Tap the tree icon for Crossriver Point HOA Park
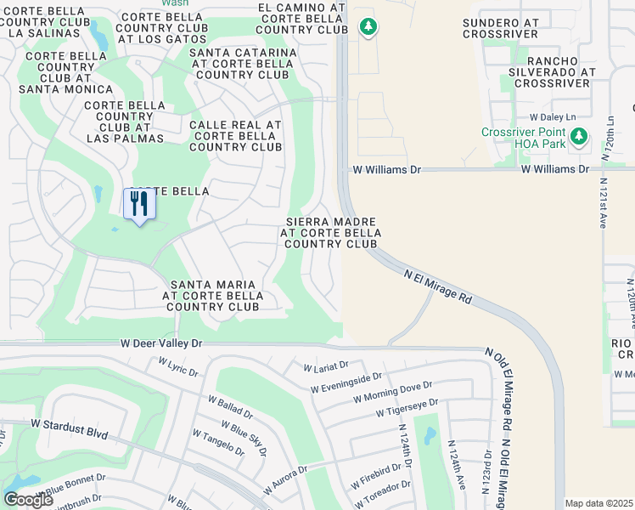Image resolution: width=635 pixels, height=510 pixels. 579,136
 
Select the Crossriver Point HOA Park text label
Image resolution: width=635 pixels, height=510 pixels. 524,139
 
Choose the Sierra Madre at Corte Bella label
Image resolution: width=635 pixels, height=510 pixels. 330,232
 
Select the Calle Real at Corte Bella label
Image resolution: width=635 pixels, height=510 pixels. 235,136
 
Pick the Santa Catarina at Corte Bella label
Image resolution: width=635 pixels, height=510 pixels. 244,64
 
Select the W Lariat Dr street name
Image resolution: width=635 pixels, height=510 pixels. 326,366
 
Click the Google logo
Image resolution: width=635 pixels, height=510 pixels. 28,500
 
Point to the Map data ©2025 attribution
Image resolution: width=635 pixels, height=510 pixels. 598,503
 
